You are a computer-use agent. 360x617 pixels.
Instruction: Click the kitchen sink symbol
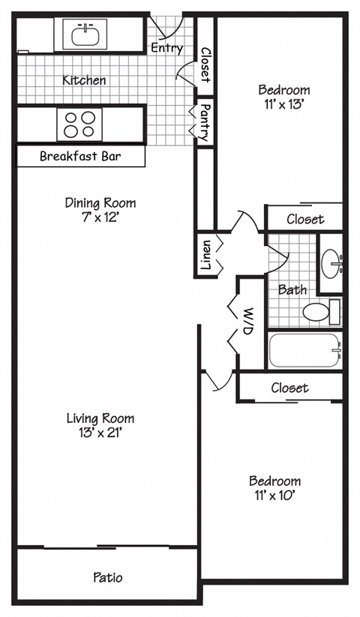point(85,34)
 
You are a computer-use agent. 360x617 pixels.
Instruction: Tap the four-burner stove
point(79,124)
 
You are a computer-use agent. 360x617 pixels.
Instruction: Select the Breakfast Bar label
point(80,157)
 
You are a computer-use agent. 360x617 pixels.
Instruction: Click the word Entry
point(166,48)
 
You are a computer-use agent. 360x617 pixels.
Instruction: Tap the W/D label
point(245,320)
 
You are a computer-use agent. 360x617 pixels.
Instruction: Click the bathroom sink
point(331,262)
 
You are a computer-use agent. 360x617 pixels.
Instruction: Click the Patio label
point(107,577)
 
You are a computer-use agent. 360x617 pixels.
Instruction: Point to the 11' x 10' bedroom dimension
point(274,495)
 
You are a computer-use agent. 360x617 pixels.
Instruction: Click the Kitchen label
point(84,79)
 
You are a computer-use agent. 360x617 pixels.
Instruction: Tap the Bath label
point(292,289)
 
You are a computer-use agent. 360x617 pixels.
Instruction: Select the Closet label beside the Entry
point(205,64)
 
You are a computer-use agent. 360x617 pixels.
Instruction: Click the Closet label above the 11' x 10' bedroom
point(289,388)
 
